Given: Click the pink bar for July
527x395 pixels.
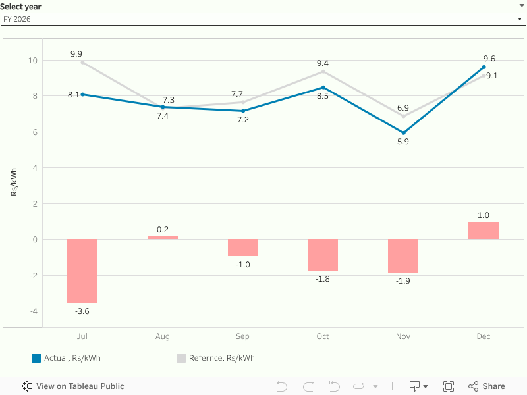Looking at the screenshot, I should click(82, 271).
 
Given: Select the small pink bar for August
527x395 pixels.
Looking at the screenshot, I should click(163, 238).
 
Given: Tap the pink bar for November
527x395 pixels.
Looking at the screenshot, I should click(403, 255).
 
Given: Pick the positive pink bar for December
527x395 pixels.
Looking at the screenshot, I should click(484, 230).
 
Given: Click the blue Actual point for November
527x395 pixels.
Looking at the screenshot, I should click(403, 133).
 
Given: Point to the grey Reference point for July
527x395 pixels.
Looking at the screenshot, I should click(82, 62).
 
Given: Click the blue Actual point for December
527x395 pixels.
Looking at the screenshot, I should click(484, 67).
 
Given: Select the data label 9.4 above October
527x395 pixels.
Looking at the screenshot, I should click(323, 63).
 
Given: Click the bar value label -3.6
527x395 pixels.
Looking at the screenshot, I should click(82, 311).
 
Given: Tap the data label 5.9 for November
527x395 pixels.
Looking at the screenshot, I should click(403, 142).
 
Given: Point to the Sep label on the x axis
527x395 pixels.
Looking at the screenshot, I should click(242, 336).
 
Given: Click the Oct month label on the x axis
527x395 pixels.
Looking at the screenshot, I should click(323, 336).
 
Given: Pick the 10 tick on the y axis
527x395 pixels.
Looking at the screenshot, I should click(32, 61).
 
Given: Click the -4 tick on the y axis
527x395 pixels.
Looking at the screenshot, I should click(32, 311).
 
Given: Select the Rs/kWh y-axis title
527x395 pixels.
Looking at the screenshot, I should click(14, 182).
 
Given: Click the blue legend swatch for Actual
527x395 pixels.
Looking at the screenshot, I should click(36, 358).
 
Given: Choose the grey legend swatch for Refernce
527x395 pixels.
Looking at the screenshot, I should click(181, 358).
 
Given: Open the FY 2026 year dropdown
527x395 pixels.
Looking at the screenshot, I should click(263, 19).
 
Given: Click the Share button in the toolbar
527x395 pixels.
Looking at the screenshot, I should click(487, 386).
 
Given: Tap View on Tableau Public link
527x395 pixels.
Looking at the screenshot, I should click(73, 386).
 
